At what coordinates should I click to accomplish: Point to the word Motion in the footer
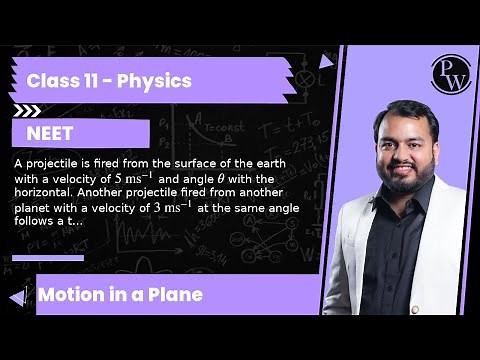[x=73, y=295]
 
